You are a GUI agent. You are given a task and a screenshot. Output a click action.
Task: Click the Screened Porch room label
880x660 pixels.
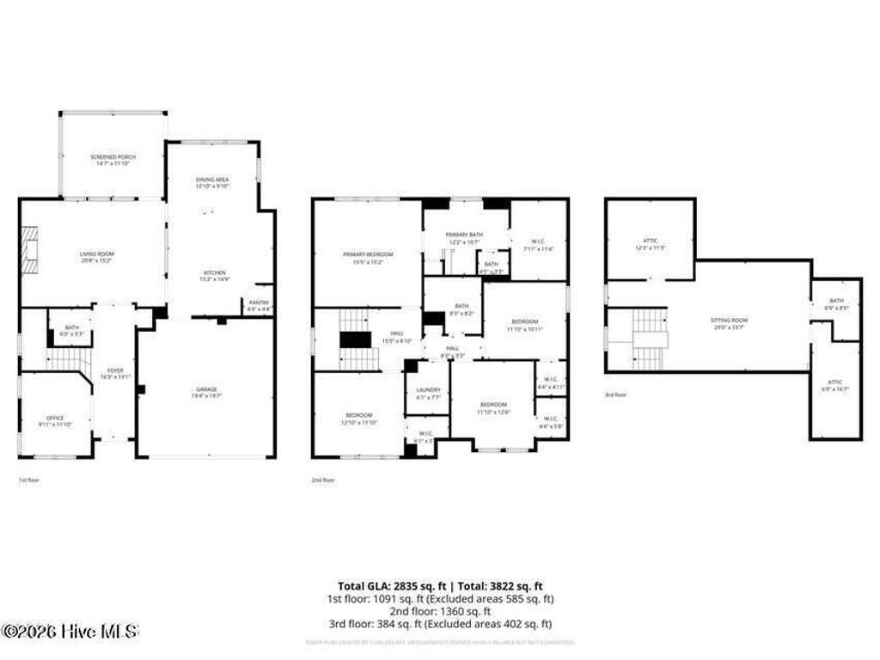click(x=113, y=156)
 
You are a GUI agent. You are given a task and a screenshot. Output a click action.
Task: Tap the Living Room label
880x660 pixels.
click(x=96, y=254)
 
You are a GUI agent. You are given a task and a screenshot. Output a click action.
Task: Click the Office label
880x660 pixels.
click(x=56, y=419)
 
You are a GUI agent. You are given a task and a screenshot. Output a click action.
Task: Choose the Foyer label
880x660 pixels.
click(x=114, y=370)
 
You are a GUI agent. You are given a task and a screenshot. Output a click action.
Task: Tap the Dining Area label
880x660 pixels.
click(x=211, y=179)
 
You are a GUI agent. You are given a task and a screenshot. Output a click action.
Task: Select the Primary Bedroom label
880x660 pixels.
click(x=367, y=254)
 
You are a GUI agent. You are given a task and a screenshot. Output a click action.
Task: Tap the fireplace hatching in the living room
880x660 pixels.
click(x=31, y=248)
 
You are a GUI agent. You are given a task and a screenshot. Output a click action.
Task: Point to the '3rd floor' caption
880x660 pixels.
click(x=614, y=395)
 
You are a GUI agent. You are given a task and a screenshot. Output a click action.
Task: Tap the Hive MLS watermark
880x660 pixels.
click(x=69, y=632)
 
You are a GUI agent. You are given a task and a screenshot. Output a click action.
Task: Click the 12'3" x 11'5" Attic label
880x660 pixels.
click(x=650, y=243)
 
